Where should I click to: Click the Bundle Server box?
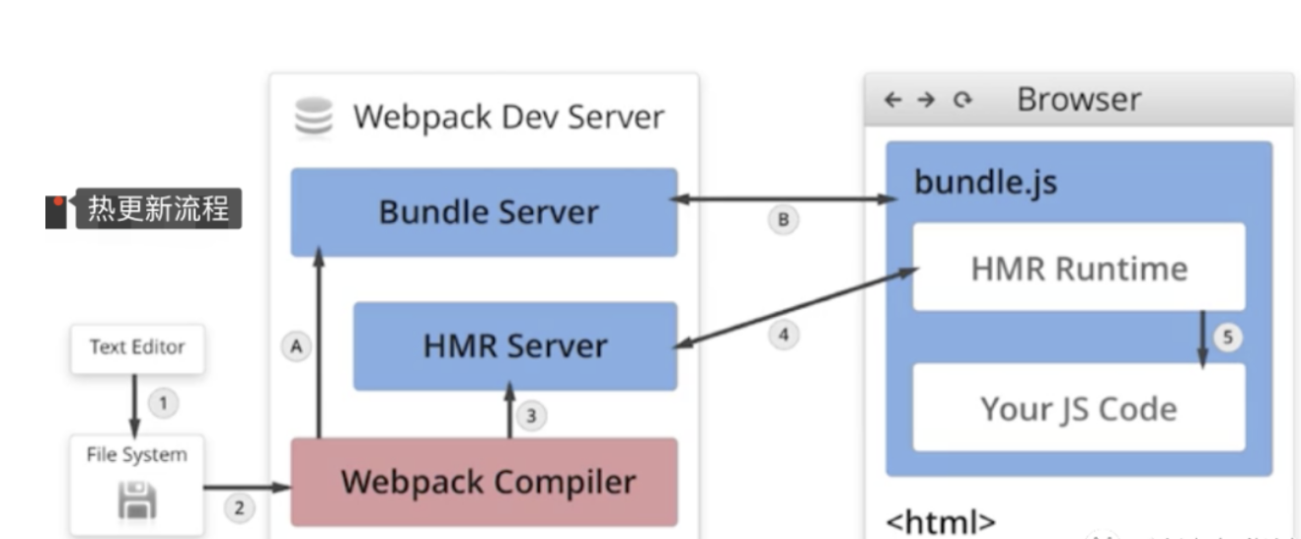tap(484, 212)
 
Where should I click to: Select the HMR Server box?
tap(515, 346)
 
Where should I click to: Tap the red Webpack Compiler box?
tap(484, 482)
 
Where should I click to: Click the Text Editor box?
tap(137, 347)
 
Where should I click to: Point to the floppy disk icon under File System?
tap(137, 500)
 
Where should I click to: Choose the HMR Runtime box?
tap(1078, 268)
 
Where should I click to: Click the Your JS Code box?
tap(1078, 408)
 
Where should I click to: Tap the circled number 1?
tap(164, 403)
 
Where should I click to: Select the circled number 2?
tap(238, 509)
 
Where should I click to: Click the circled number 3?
tap(531, 417)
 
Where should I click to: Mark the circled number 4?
tap(783, 336)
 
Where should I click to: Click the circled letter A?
tap(295, 346)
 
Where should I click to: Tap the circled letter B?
tap(783, 220)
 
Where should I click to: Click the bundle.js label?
tap(985, 183)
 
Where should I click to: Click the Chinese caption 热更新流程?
tap(158, 209)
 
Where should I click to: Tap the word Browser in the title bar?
tap(1078, 100)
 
